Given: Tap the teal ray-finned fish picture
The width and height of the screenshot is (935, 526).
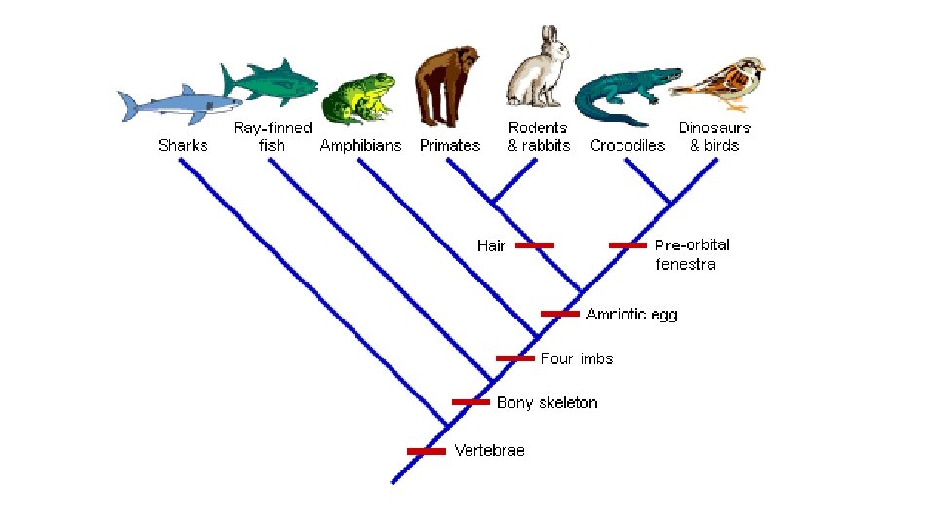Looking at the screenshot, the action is (x=270, y=82).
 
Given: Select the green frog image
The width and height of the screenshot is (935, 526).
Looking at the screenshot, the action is (x=358, y=97).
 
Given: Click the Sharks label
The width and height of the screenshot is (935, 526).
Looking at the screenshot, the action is (x=182, y=146).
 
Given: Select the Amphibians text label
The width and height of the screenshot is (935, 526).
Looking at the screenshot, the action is (x=360, y=146).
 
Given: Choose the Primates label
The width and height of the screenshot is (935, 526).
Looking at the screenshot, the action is (x=450, y=146).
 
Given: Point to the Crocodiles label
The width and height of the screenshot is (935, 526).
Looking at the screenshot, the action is (x=627, y=146).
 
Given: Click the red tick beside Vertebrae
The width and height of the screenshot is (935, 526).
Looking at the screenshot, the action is (x=426, y=451).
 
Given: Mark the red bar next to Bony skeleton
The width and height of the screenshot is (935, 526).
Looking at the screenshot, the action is (x=470, y=402).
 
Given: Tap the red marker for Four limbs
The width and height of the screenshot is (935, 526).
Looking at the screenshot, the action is (x=515, y=358).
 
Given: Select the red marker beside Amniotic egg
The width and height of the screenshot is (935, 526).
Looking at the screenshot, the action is (x=560, y=314).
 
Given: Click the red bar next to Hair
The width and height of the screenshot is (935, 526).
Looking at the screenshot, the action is (x=535, y=245).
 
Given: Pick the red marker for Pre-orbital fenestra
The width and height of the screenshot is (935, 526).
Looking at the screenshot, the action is (x=627, y=245).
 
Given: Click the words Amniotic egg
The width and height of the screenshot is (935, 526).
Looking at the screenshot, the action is (x=631, y=314).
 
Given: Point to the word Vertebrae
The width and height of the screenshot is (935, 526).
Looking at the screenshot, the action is (x=489, y=451).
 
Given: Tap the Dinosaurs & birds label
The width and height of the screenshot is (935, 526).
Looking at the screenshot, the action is (x=715, y=136).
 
